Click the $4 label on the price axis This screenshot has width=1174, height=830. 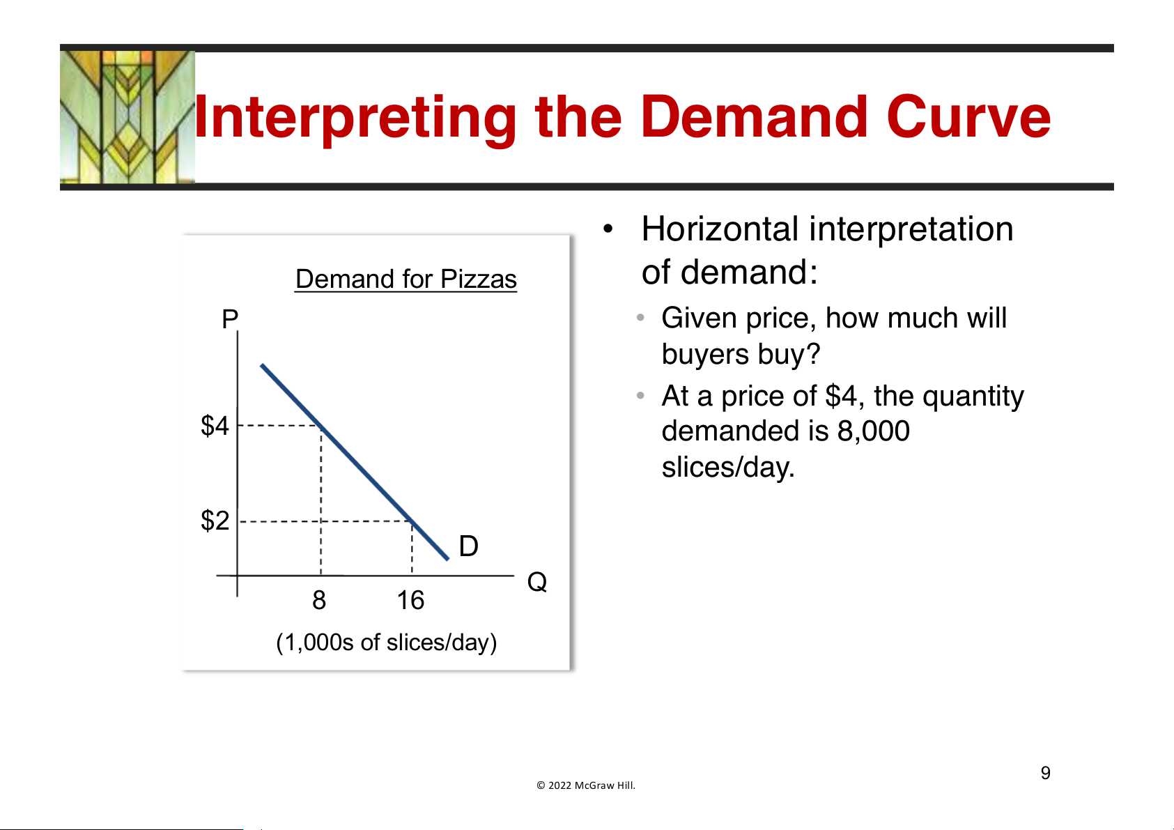[215, 425]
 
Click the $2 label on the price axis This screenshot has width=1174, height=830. [215, 521]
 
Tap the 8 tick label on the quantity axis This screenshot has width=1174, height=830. [319, 600]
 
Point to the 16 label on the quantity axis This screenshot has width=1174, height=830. [410, 600]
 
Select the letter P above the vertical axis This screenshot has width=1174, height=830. [230, 318]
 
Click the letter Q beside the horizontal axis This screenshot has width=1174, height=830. [537, 582]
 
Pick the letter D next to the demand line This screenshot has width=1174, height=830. [468, 546]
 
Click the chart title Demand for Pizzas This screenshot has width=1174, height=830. [406, 279]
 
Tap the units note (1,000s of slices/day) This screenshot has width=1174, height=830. [386, 643]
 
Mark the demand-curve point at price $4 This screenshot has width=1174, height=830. [321, 426]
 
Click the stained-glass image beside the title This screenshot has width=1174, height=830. [128, 117]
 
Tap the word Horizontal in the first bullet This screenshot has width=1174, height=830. [720, 229]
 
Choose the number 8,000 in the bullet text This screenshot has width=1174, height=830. [873, 431]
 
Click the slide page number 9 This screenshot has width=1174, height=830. [1046, 772]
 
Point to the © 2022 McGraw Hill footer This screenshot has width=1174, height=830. [586, 785]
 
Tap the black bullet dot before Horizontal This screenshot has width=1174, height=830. [608, 229]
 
